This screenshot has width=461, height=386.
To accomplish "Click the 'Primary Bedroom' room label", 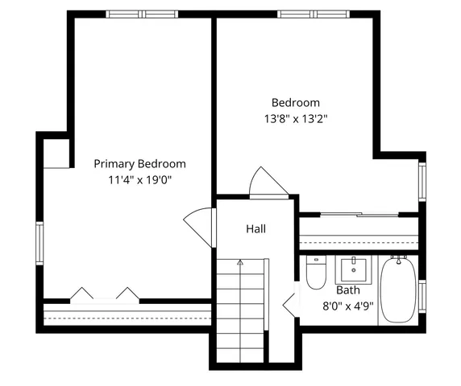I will tap(139, 163).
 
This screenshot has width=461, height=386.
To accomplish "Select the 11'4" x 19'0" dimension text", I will tap(139, 179).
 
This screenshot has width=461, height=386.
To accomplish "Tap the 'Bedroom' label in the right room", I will tap(295, 102).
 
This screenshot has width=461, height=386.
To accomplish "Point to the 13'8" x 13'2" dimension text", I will tap(295, 118).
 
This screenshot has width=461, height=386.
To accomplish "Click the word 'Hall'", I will tap(256, 229).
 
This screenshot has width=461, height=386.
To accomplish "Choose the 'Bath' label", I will tap(348, 289).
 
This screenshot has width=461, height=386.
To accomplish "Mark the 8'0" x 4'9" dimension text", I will tap(348, 305).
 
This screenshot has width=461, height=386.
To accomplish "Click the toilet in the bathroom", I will tap(315, 273).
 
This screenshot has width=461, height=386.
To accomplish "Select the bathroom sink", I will tap(352, 269).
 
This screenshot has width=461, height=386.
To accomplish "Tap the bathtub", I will tap(397, 289).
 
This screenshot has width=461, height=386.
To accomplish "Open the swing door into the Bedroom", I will tap(267, 183).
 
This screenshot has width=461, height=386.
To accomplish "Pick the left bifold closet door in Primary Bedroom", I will tap(83, 294).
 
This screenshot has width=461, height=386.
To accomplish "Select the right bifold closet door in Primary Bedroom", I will tap(127, 294).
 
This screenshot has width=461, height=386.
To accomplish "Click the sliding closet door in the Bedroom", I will tap(358, 214).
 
